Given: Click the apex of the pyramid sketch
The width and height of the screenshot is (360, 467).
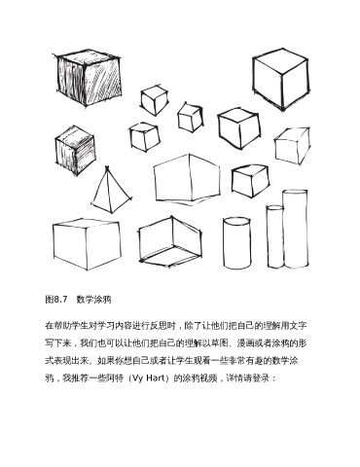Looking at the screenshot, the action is pos(107,166).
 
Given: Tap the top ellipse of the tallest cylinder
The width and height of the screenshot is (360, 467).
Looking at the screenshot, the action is pos(295,193).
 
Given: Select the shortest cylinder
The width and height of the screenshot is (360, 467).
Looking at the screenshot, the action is pos(236,243).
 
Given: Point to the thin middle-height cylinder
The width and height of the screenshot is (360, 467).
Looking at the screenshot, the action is pos(275,236).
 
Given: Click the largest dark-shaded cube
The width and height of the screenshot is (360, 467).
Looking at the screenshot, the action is pos(89,78).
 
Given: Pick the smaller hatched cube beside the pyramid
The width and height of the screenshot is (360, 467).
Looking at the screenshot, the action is pos(75,151).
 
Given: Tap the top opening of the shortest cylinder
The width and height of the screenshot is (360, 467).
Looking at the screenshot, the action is pos(236,221).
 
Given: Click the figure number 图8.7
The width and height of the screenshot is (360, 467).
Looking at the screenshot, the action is pos(56,299).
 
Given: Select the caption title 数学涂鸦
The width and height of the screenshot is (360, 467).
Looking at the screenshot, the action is pos(94,299).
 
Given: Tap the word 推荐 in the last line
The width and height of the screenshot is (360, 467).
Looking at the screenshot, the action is pos(80,378).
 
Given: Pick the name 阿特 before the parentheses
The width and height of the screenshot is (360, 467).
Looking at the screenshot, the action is pos(115,378).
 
